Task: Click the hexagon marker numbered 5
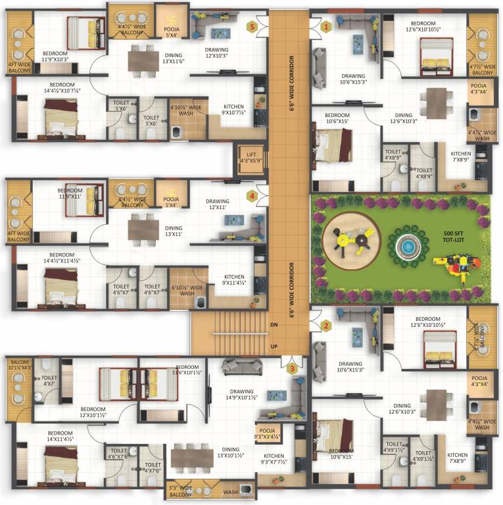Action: pyautogui.click(x=251, y=27)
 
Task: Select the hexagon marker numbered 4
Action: pyautogui.click(x=251, y=195)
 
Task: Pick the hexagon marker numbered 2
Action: pyautogui.click(x=326, y=325)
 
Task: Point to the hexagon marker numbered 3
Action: pyautogui.click(x=292, y=368)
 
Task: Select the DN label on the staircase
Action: pyautogui.click(x=275, y=325)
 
